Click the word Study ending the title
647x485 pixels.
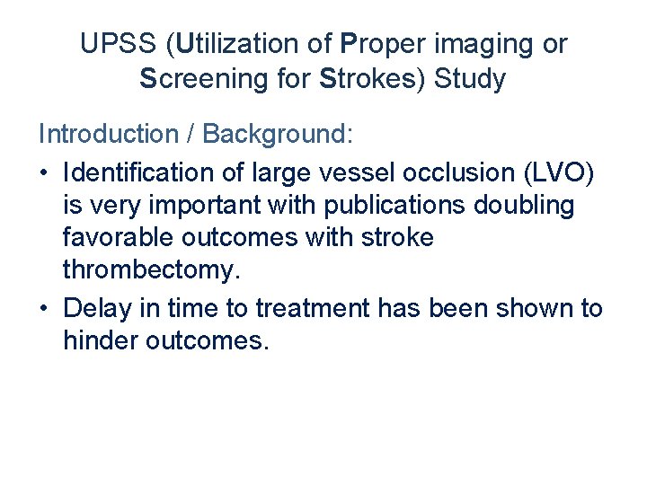click(x=470, y=79)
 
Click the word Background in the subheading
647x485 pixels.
click(x=276, y=135)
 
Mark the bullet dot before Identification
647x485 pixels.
click(x=45, y=172)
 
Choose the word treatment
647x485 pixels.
click(x=312, y=308)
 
